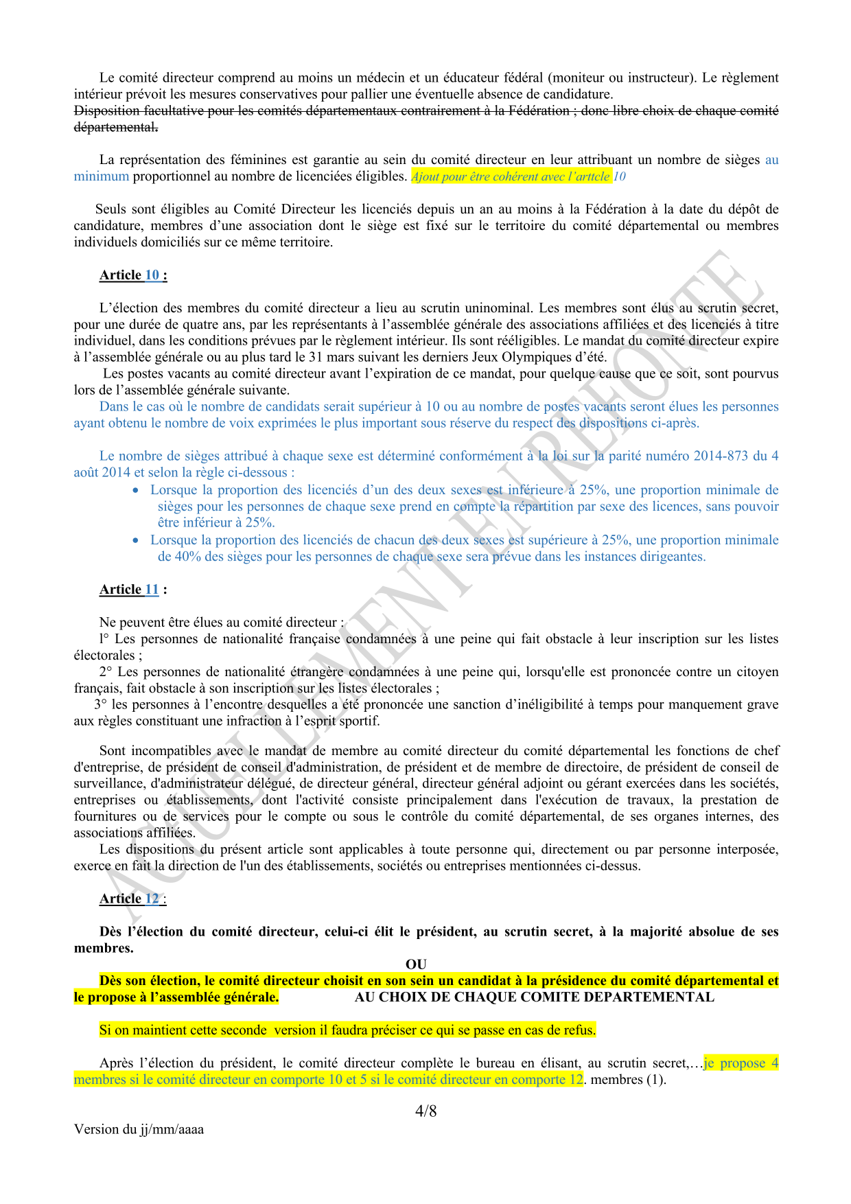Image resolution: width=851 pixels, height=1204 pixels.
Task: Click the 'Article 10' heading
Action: (x=133, y=275)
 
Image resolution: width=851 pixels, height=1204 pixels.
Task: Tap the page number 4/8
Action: (x=425, y=1111)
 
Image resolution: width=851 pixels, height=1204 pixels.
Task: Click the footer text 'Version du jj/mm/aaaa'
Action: (x=139, y=1129)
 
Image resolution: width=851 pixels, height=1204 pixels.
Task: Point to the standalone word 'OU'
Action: (x=416, y=964)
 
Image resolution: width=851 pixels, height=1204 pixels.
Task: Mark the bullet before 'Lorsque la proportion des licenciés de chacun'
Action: (x=136, y=540)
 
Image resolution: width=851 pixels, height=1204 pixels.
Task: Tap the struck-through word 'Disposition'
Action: (x=106, y=111)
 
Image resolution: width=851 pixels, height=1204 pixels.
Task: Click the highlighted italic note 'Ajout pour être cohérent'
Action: (x=511, y=176)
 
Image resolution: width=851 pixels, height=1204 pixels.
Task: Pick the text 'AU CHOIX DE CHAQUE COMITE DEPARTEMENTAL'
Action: (x=534, y=997)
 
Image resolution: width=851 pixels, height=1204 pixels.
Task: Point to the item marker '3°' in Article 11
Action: (x=101, y=705)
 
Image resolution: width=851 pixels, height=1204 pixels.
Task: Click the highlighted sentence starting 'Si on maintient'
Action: (x=347, y=1030)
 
